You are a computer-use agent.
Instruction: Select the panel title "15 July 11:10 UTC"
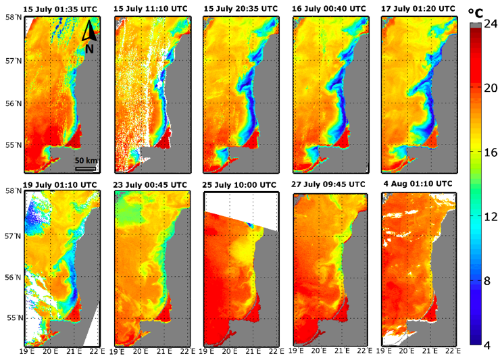click(x=151, y=8)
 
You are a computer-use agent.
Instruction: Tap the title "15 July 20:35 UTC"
click(x=241, y=8)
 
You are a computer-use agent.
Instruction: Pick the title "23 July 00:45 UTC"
click(x=151, y=184)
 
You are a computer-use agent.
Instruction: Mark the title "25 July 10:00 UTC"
click(x=241, y=184)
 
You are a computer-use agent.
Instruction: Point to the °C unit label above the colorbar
click(x=478, y=11)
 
